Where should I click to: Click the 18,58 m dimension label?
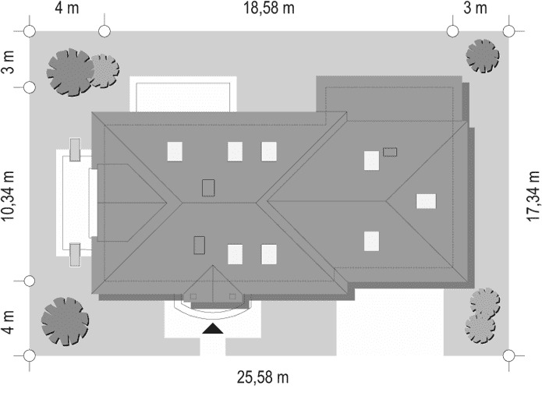click(x=269, y=8)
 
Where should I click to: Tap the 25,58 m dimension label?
click(x=263, y=377)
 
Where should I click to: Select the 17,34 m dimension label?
click(x=533, y=196)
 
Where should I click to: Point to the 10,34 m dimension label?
click(x=8, y=196)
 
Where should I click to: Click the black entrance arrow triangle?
click(x=213, y=328)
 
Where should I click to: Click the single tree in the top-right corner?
click(x=483, y=56)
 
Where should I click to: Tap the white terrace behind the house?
click(x=183, y=94)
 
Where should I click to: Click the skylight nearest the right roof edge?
click(x=427, y=201)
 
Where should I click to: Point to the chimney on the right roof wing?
click(x=390, y=152)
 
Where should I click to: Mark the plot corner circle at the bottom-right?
click(x=508, y=355)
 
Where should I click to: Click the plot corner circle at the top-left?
click(x=30, y=31)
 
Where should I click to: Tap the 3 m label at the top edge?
click(x=475, y=8)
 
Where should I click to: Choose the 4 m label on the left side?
click(x=9, y=322)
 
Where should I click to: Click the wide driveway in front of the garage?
click(x=390, y=322)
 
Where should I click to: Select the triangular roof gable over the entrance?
click(x=213, y=284)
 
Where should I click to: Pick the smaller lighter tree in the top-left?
click(x=104, y=70)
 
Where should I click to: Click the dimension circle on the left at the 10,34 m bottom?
click(x=30, y=281)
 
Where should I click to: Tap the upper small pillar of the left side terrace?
click(x=75, y=149)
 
